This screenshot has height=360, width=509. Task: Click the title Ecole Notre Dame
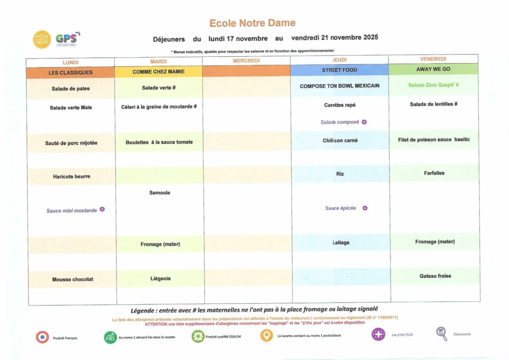click(x=253, y=23)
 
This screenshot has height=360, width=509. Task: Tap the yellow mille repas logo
click(x=42, y=39)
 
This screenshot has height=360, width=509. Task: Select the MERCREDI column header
click(x=246, y=61)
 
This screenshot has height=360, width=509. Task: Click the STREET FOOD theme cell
click(x=339, y=70)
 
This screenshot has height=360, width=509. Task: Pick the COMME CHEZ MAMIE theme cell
click(x=159, y=72)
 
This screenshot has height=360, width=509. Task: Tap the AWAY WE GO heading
click(x=433, y=69)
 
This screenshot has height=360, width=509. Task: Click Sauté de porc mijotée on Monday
click(x=71, y=143)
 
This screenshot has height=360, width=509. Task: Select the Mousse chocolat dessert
click(x=72, y=279)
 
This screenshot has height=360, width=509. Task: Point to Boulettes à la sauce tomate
click(x=159, y=142)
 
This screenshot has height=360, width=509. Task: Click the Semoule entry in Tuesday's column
click(x=159, y=193)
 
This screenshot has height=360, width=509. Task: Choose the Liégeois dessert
click(x=160, y=279)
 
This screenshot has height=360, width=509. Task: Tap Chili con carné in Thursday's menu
click(x=340, y=140)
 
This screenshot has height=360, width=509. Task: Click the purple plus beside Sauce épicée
click(x=365, y=208)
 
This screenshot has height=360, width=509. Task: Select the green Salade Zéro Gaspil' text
click(x=433, y=85)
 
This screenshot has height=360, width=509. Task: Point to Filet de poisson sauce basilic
click(x=434, y=139)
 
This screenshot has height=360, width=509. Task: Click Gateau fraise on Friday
click(x=435, y=276)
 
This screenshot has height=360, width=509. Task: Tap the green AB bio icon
click(x=110, y=337)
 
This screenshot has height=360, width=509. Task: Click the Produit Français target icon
click(x=42, y=337)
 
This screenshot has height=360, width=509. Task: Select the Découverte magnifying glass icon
click(x=441, y=334)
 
